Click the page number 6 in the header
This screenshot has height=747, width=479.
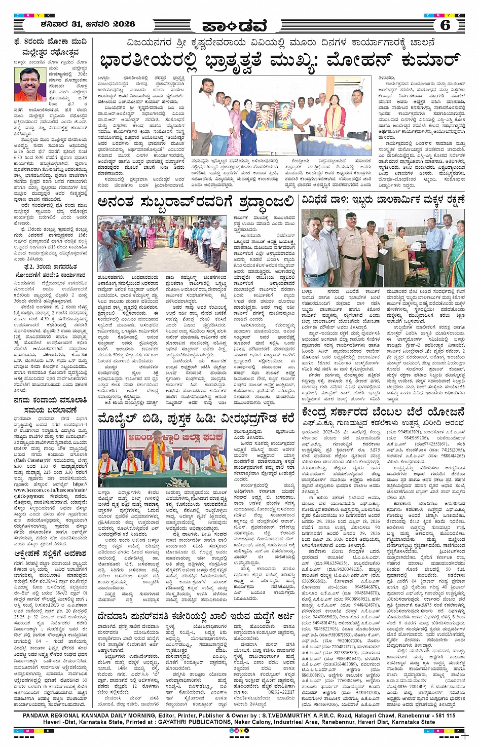445,25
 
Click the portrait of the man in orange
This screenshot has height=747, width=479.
31,84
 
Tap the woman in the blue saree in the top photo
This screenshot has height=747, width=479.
249,127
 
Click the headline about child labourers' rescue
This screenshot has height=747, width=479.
383,200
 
